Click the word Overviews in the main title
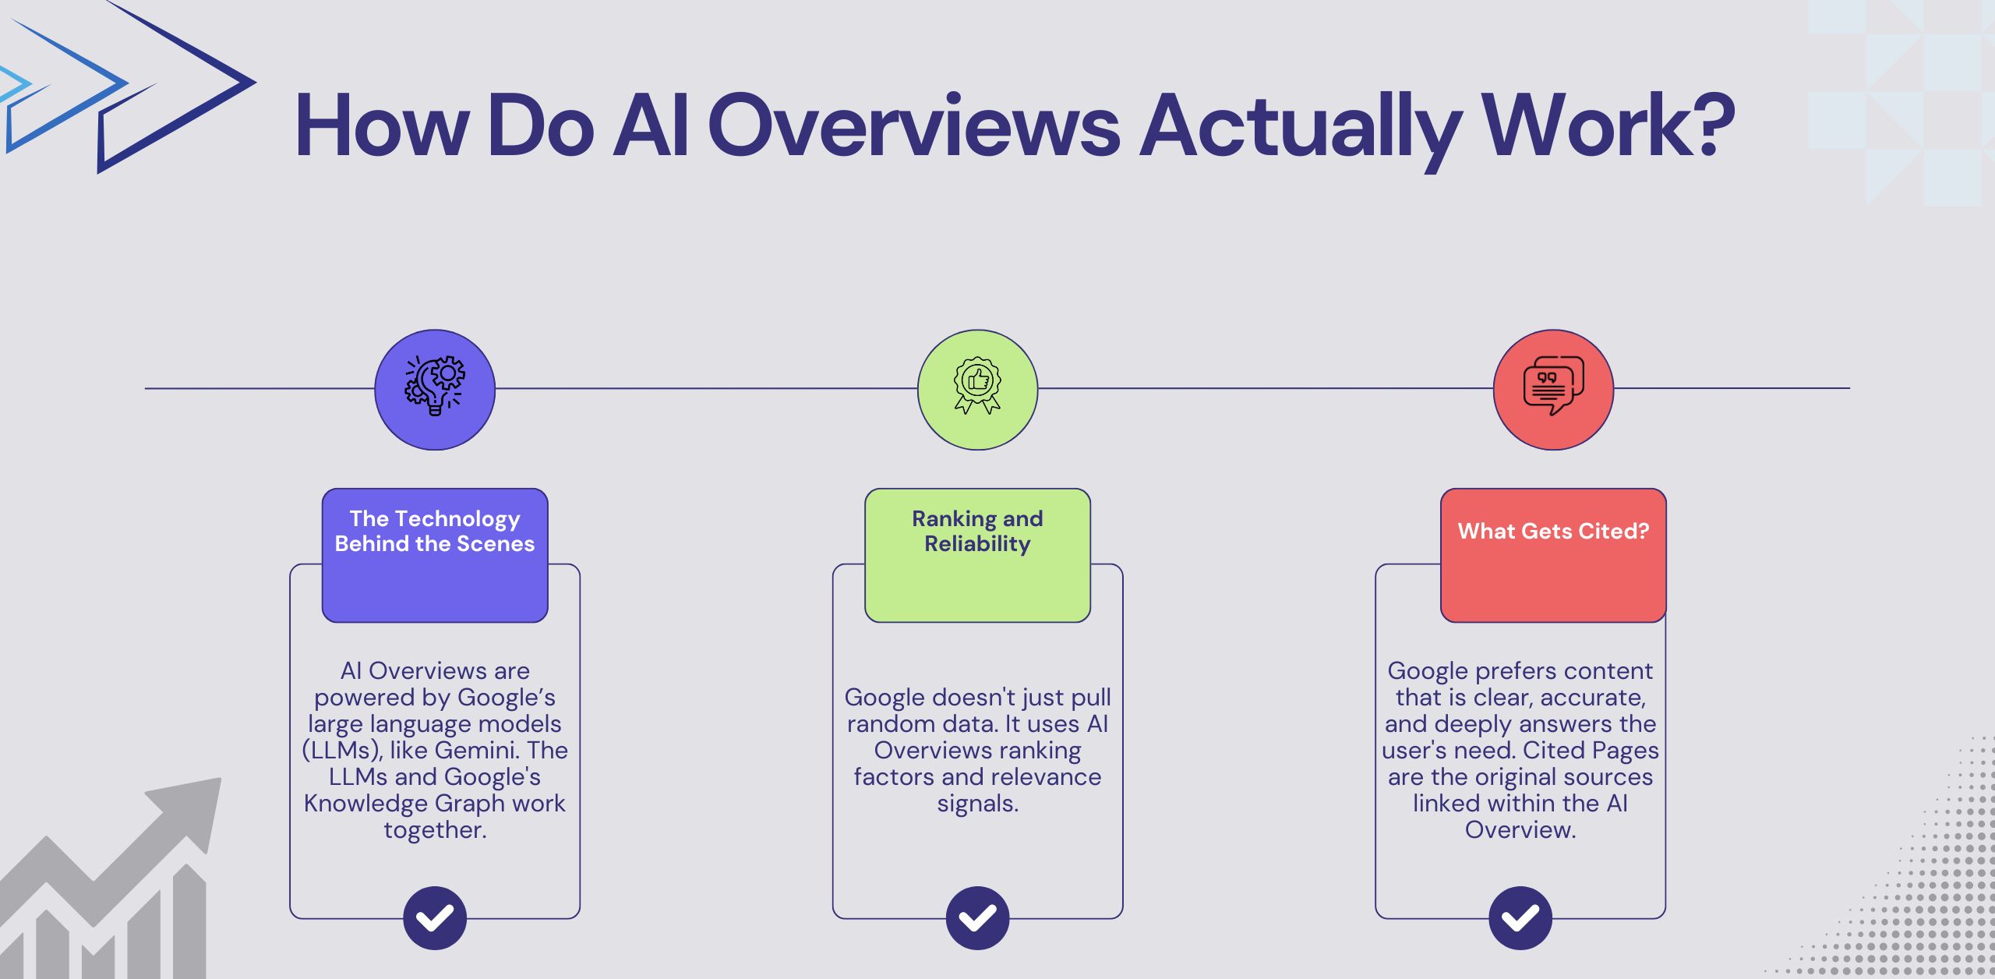[913, 126]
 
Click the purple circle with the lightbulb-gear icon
[435, 389]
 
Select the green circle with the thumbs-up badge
[977, 389]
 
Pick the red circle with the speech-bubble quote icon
[1553, 389]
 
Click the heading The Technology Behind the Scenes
[435, 532]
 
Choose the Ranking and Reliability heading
[977, 532]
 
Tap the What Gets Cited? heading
[1553, 532]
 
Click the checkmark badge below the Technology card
[435, 917]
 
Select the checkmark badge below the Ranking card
[977, 917]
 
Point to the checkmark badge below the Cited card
[1520, 917]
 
